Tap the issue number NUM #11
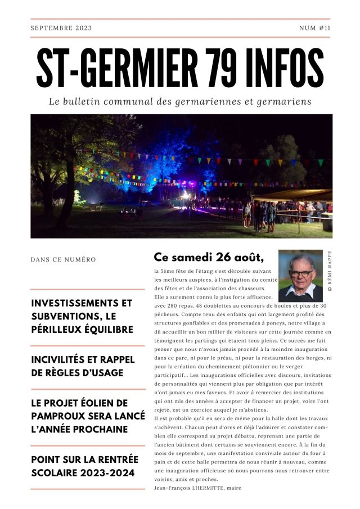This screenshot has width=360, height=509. pos(314,28)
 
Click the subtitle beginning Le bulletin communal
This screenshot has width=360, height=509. pos(180,102)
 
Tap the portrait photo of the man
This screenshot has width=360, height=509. pos(300,276)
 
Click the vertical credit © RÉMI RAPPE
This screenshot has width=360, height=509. pos(329,270)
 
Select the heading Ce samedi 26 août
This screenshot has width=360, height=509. pos(208,257)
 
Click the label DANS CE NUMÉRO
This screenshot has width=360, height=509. pos(63,260)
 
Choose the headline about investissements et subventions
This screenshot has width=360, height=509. pos(82,316)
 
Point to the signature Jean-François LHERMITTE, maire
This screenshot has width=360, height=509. pos(197,488)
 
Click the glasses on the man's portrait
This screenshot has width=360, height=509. pos(302,273)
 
